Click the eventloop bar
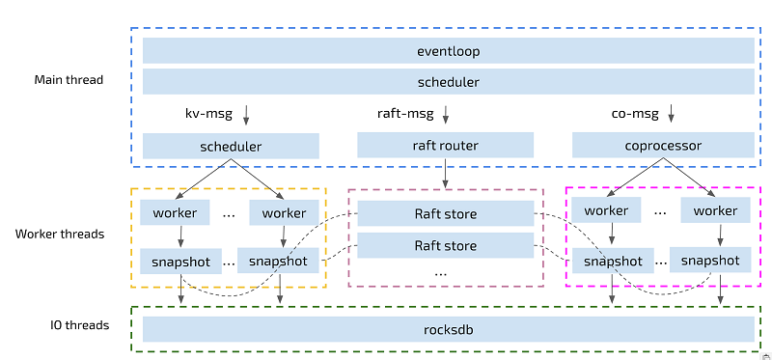pos(449,51)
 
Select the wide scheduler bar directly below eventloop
pos(449,81)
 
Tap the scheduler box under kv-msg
pos(231,147)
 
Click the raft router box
pos(445,146)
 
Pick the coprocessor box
pos(662,146)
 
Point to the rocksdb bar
pos(449,329)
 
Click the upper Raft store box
pos(445,213)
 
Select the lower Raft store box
pos(445,245)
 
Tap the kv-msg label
pos(209,114)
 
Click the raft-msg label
pos(405,114)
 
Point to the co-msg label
pos(635,114)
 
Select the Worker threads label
pos(60,234)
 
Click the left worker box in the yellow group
pos(175,212)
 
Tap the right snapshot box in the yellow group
pos(278,261)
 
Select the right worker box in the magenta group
pos(715,210)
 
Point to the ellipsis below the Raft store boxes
pos(441,274)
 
